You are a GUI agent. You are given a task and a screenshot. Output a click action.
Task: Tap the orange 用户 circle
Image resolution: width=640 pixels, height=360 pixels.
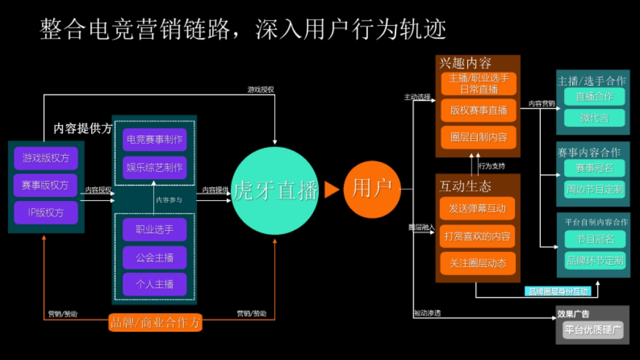(x=372, y=188)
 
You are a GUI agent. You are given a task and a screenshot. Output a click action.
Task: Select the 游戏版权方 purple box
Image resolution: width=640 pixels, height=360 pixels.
(x=46, y=158)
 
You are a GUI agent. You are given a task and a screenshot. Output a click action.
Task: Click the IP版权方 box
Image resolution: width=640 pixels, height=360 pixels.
(x=46, y=212)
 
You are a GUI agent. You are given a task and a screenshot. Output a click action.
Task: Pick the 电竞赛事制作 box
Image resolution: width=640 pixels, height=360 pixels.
(x=154, y=140)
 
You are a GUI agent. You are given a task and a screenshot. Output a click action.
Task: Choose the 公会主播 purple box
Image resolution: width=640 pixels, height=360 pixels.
(x=154, y=258)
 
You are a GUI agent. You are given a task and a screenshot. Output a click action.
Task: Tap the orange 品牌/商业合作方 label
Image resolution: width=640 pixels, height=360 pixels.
(x=155, y=322)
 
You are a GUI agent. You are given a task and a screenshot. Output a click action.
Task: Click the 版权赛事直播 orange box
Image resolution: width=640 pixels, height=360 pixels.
(x=478, y=111)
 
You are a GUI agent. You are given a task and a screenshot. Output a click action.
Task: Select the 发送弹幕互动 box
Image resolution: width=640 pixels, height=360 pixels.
(x=477, y=209)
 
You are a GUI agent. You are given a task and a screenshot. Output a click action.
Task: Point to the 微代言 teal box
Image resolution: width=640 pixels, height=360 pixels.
(x=594, y=118)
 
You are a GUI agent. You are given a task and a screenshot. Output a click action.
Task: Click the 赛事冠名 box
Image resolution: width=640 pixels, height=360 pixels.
(x=594, y=168)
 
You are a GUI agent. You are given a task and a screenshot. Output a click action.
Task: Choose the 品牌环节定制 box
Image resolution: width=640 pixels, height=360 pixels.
(x=594, y=260)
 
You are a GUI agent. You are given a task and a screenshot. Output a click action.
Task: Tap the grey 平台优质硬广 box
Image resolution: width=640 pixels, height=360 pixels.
(x=593, y=330)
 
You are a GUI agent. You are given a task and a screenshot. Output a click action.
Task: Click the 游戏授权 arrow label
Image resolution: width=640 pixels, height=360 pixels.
(x=260, y=90)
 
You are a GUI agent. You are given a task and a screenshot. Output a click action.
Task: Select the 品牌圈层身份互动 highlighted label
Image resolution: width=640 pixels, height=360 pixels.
(x=558, y=291)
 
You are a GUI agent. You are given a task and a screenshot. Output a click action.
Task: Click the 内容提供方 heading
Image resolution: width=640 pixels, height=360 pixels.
(x=83, y=128)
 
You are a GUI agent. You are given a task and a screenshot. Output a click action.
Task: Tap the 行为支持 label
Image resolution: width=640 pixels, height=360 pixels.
(x=491, y=166)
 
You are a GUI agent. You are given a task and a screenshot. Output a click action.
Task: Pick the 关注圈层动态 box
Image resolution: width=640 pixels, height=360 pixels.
(x=477, y=263)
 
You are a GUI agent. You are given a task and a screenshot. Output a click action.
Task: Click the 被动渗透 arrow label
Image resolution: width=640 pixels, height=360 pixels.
(x=427, y=313)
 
